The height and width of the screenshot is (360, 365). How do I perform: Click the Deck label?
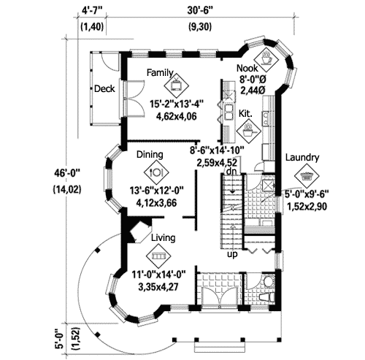click(103, 88)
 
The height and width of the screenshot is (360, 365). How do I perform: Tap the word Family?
click(158, 73)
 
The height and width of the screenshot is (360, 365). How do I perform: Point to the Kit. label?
click(246, 113)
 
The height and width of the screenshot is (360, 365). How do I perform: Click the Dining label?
click(150, 155)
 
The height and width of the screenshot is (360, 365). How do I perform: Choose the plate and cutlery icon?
click(155, 172)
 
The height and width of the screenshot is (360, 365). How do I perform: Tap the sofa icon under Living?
click(156, 256)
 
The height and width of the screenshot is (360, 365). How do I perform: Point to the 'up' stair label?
click(232, 255)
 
